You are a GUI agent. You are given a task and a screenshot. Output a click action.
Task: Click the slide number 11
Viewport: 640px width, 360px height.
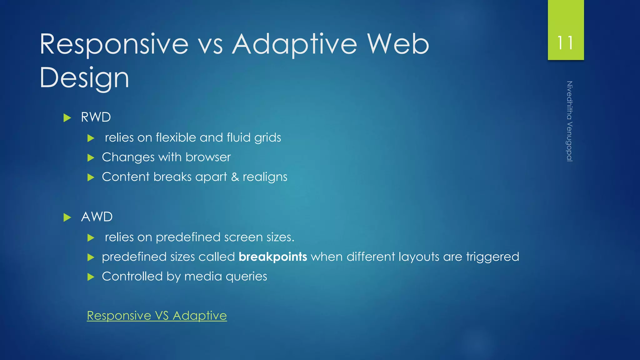click(565, 43)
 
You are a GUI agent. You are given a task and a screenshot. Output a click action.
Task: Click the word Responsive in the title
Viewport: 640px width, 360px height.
click(114, 44)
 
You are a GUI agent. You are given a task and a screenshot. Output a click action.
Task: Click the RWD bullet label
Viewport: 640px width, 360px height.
click(96, 117)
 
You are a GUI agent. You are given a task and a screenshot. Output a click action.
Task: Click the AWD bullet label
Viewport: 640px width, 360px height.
click(97, 217)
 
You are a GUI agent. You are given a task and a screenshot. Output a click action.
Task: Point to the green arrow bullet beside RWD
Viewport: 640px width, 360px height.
click(67, 118)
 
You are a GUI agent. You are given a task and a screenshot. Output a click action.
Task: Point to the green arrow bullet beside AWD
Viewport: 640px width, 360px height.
click(67, 217)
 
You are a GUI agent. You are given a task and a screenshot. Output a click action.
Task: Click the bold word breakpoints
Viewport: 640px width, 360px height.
click(272, 257)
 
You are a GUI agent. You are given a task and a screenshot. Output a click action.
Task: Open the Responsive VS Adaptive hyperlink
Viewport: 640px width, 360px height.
click(157, 316)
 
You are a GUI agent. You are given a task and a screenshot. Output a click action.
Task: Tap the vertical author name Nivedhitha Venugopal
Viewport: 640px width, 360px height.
click(569, 121)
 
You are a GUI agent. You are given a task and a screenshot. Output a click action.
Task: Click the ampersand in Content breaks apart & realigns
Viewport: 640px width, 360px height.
click(235, 177)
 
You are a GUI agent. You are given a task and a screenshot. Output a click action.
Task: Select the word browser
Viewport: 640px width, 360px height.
click(208, 157)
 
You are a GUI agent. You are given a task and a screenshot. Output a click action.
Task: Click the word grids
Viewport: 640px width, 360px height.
click(267, 138)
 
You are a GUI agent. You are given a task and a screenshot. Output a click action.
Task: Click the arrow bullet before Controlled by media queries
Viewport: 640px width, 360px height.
click(91, 277)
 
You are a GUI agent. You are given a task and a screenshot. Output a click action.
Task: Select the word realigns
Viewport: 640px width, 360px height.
click(265, 177)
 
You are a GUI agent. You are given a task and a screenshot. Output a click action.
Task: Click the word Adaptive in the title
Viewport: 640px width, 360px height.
click(294, 44)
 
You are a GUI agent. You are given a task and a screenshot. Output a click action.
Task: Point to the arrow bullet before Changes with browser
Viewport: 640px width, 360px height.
click(91, 157)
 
